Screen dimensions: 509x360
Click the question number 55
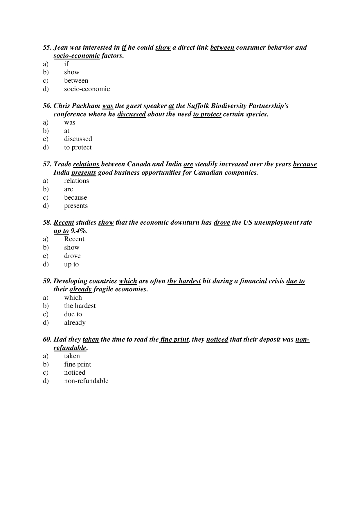coord(47,47)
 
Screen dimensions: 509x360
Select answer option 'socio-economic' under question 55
coord(87,89)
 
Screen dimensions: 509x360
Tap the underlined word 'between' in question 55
coord(222,47)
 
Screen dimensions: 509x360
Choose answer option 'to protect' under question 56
coord(78,147)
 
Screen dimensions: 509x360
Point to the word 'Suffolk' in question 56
coord(199,106)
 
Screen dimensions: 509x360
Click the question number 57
coord(47,164)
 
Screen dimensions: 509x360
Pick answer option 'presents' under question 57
coord(76,206)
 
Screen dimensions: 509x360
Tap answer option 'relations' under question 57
coord(76,181)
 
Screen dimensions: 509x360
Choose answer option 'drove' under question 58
coord(72,256)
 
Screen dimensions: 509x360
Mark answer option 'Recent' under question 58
coord(74,239)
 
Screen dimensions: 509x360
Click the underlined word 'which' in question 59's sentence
coord(128,281)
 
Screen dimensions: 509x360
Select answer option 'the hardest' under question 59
coord(80,306)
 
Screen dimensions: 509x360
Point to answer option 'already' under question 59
coord(75,323)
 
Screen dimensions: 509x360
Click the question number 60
coord(47,340)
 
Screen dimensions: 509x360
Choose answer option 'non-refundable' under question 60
coord(86,381)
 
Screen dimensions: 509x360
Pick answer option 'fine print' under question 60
coord(78,364)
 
